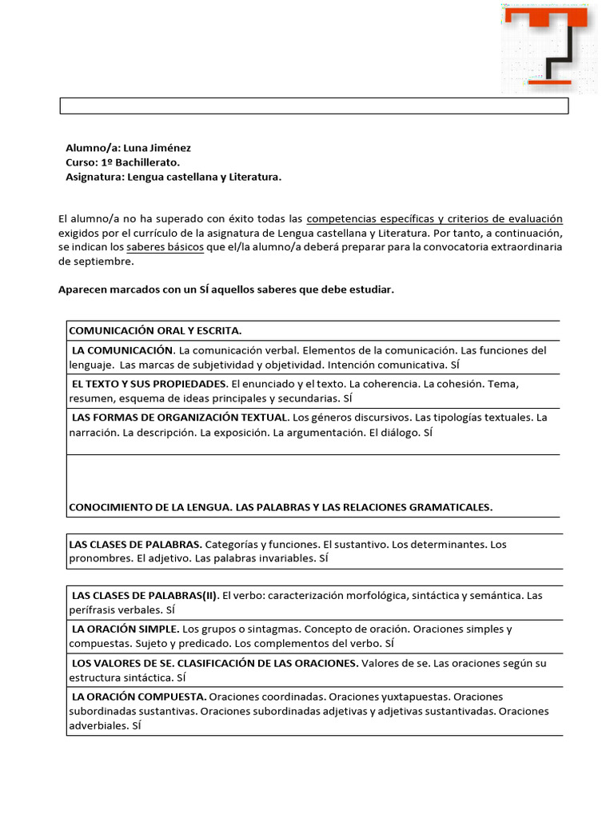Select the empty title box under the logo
click(x=314, y=106)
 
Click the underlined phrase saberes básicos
click(x=165, y=247)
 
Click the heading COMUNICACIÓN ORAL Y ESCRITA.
click(x=155, y=330)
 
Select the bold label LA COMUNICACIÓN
click(x=122, y=350)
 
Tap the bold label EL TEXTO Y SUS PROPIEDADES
click(x=150, y=384)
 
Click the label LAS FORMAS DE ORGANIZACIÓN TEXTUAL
click(x=179, y=417)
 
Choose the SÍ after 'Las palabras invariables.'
click(x=323, y=559)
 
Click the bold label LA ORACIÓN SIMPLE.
click(x=125, y=629)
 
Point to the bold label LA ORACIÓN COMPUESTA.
click(x=139, y=697)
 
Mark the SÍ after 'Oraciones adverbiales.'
click(x=136, y=725)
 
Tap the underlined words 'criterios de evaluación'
click(x=504, y=218)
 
